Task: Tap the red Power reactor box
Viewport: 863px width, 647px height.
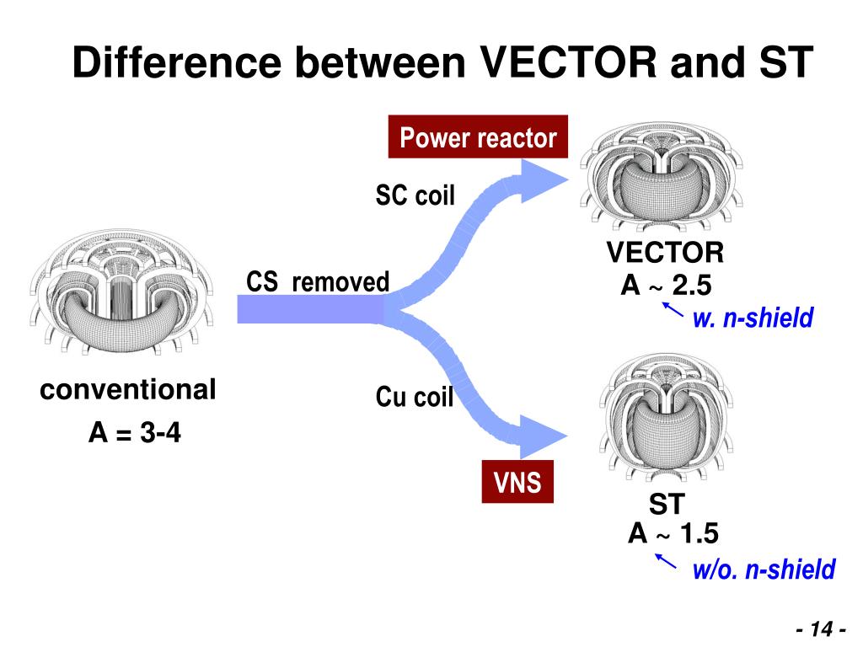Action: (478, 138)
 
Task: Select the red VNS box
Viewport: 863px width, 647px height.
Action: (517, 483)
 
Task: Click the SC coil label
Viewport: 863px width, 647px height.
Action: (415, 196)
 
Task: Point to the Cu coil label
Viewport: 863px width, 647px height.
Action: (414, 397)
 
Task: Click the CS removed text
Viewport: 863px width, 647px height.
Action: (318, 281)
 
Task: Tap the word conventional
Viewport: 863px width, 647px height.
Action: (128, 390)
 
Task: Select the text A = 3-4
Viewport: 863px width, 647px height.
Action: (135, 435)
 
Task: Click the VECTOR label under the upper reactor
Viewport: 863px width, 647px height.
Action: (665, 253)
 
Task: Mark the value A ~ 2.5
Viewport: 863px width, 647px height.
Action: (666, 286)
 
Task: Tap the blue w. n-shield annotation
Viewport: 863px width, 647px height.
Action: (753, 318)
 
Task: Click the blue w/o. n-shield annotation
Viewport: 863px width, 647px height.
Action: (764, 569)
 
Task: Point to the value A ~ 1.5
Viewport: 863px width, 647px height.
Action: (673, 534)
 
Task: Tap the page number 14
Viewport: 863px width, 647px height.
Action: (821, 629)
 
